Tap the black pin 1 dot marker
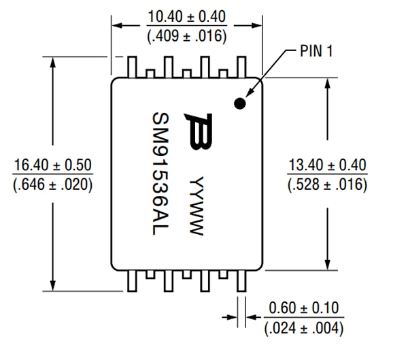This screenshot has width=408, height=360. point(239,103)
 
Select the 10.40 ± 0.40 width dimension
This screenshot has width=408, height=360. point(187,16)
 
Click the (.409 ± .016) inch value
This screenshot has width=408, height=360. point(187,36)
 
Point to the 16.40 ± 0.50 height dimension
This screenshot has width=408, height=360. point(53,165)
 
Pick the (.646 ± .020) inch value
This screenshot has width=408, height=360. point(53,184)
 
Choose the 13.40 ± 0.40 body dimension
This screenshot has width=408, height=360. point(328,165)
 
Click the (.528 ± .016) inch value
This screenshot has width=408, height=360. point(328,184)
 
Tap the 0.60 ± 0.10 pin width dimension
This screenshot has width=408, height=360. point(304,308)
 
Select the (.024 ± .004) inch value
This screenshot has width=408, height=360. point(304,328)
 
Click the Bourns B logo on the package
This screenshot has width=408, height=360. point(202,131)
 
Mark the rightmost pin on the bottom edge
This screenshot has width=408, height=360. point(239,280)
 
